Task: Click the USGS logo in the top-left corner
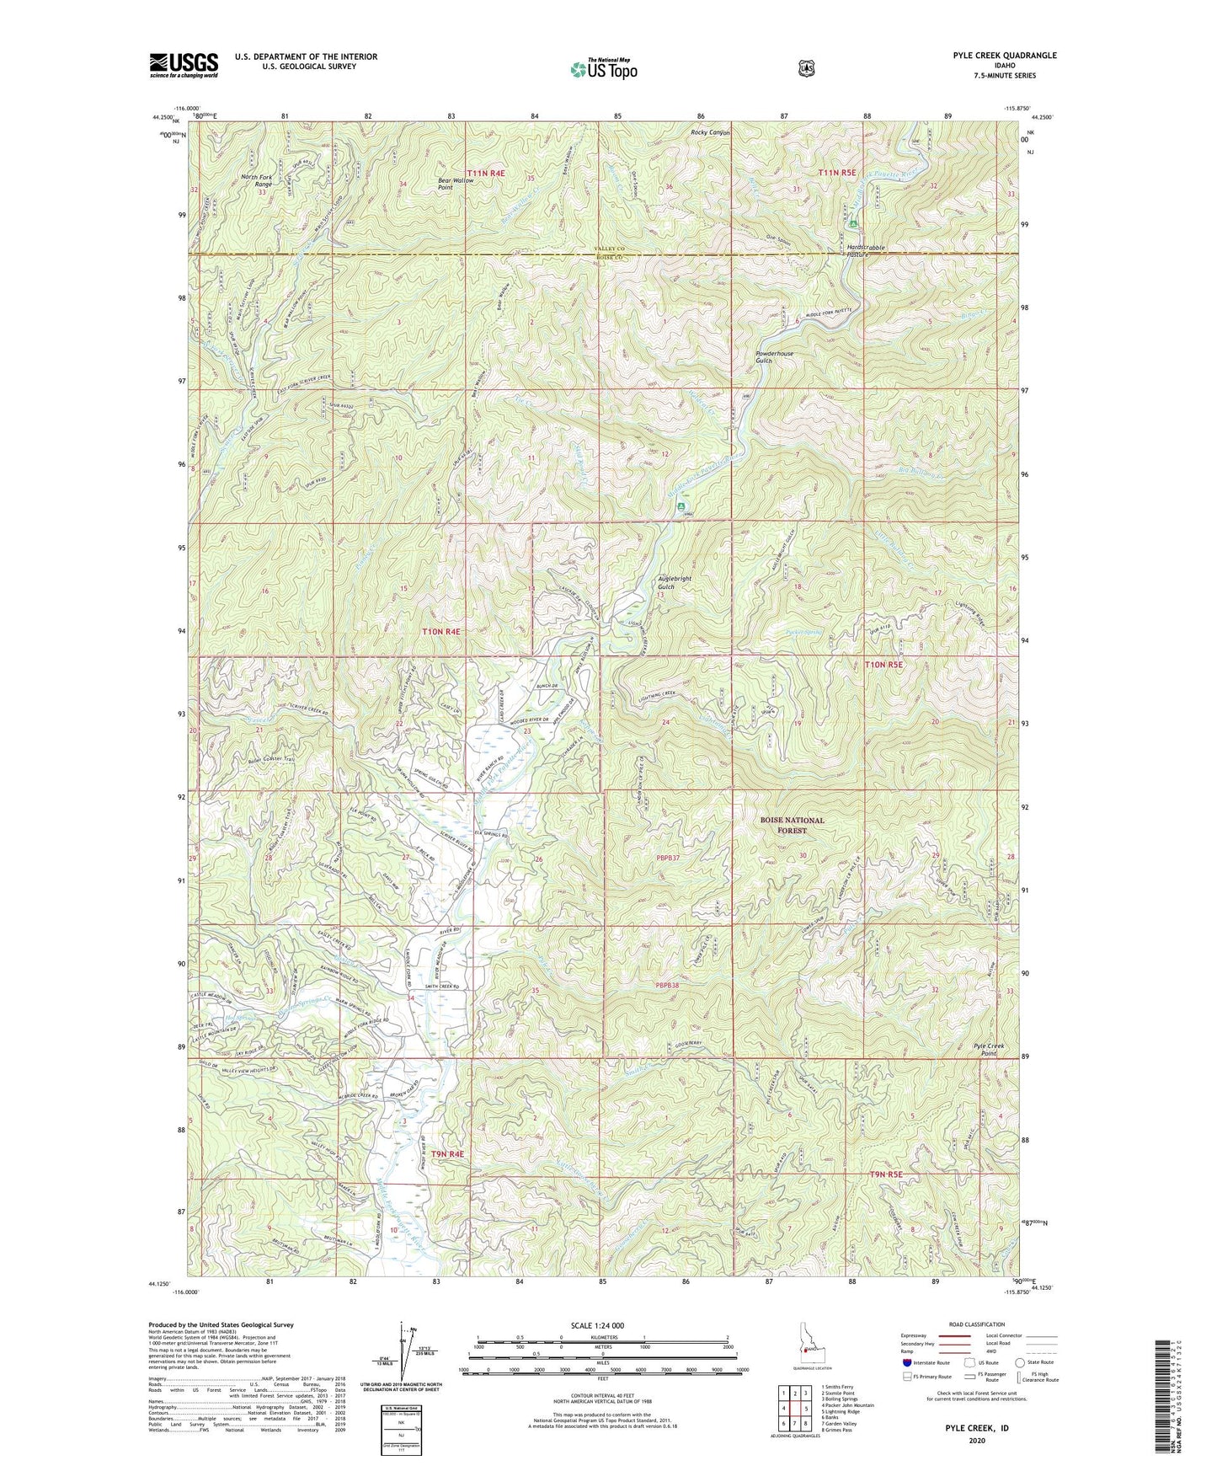[x=184, y=65]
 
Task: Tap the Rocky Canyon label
[x=711, y=132]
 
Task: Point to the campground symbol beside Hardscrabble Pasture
[x=853, y=225]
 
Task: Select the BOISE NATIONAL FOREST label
[x=792, y=825]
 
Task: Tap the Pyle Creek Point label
[x=990, y=1049]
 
